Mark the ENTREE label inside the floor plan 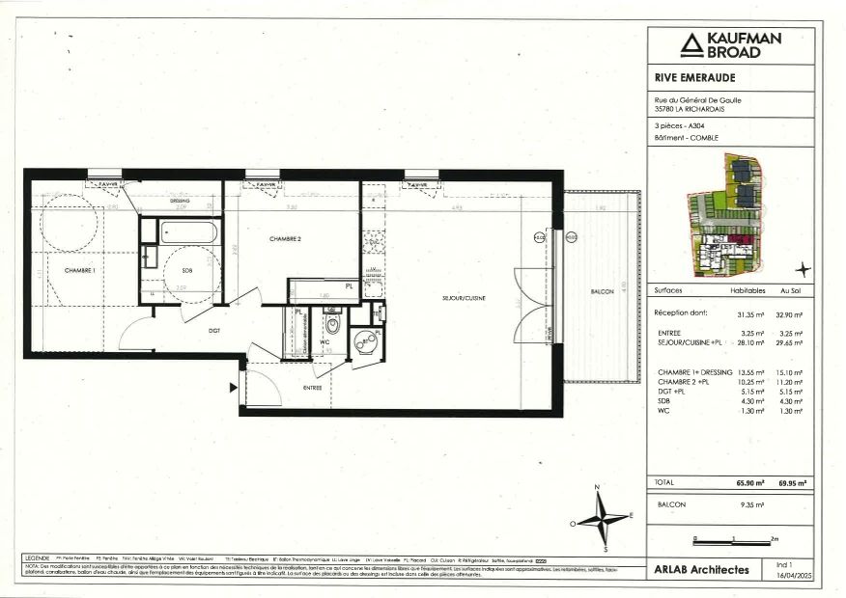(312, 387)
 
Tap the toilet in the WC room (331, 323)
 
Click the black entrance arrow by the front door (232, 388)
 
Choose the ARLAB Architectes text (702, 570)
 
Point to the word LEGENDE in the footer (38, 558)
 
